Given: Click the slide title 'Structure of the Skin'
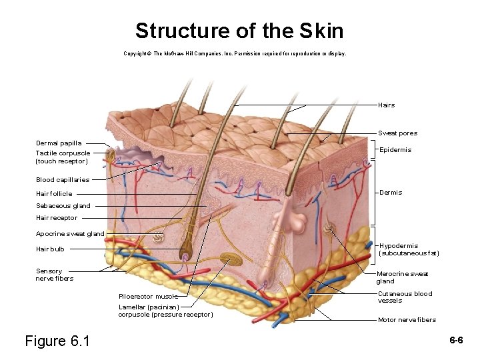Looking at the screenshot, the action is click(x=239, y=31).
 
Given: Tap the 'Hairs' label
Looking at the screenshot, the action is click(x=386, y=105).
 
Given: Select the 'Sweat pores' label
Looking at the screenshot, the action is click(x=397, y=133).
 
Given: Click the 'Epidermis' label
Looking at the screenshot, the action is click(x=395, y=150).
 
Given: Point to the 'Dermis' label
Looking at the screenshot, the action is click(x=391, y=193).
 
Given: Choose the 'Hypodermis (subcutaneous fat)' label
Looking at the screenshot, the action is click(x=409, y=249).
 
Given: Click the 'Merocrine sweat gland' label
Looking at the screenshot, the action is click(x=402, y=277).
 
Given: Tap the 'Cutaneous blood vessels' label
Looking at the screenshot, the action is click(x=405, y=297).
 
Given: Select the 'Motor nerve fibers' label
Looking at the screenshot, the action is click(x=407, y=320).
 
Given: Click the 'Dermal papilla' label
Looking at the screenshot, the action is click(x=59, y=143).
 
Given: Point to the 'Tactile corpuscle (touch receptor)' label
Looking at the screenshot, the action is click(x=63, y=157).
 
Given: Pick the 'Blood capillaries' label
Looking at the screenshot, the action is click(x=63, y=180).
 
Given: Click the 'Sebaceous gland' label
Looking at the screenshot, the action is click(x=63, y=206).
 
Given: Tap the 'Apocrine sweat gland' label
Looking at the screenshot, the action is click(x=70, y=234).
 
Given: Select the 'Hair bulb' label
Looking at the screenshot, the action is click(x=50, y=249).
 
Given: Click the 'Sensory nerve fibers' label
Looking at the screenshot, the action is click(x=54, y=275).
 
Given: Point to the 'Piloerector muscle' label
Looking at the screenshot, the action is click(x=148, y=297).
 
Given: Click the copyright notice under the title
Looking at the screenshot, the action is click(x=235, y=53).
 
